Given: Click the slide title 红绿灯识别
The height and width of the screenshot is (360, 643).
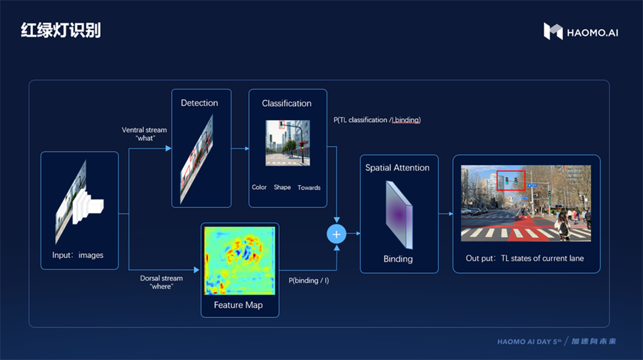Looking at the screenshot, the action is coord(61,30).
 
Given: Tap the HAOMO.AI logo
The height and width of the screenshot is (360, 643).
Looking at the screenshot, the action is coord(581,31).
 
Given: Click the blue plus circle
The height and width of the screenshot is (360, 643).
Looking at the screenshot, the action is coord(337,234).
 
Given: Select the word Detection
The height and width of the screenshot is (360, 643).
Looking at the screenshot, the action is coord(199,103).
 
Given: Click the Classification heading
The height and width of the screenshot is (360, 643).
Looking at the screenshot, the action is coord(286,104).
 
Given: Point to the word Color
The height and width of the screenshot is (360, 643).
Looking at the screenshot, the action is coord(259,187).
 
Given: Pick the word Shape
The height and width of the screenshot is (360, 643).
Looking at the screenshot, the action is coord(282,187).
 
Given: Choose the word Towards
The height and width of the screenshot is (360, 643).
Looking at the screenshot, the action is coord(309,187).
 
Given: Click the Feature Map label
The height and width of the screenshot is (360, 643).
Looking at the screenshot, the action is coord(238,305).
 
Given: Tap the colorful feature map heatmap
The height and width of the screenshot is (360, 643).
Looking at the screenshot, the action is coord(239,261).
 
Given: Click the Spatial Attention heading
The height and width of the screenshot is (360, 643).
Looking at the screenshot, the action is coord(397,168).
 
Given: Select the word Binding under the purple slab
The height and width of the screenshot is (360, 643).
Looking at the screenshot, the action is coord(398,259).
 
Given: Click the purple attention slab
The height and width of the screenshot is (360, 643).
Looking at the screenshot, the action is coord(399,215).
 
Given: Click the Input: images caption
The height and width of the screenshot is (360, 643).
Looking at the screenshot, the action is coord(77,255).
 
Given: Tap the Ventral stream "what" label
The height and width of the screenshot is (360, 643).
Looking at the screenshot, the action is coord(144,134).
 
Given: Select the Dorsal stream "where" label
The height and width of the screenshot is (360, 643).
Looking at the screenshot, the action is coord(161,282).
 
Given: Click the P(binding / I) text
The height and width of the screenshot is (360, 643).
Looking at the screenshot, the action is coord(309,281).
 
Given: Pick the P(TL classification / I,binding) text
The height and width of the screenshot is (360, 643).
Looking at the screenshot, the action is coord(377,120).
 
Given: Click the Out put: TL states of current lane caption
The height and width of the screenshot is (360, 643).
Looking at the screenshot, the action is coord(524,259).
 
